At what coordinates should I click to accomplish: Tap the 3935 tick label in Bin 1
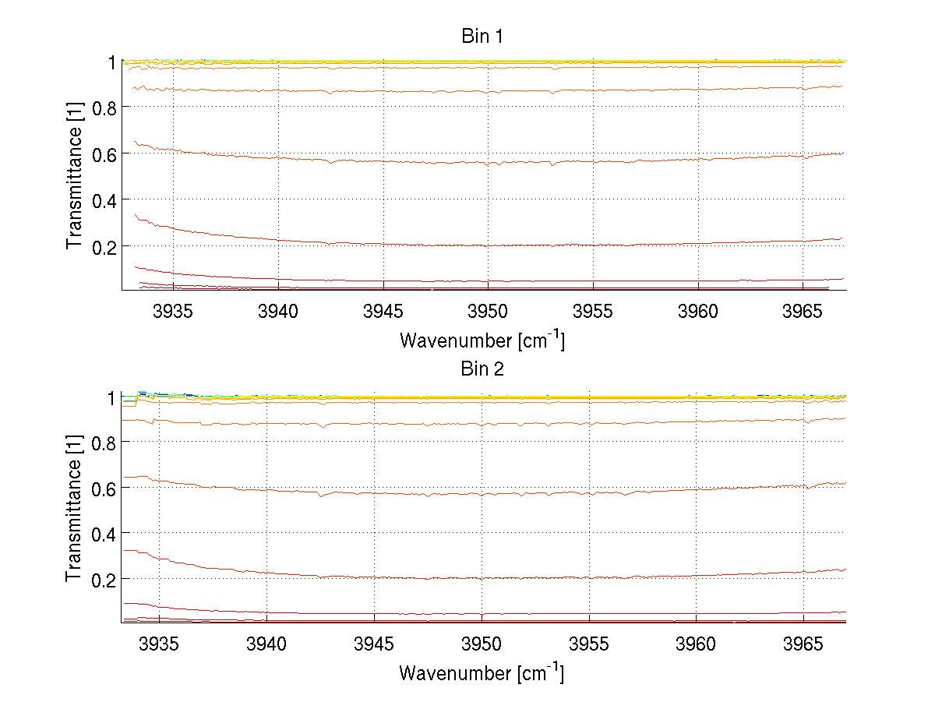click(x=173, y=312)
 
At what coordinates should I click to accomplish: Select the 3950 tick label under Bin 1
click(x=489, y=312)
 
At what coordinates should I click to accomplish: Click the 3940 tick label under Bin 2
click(x=266, y=644)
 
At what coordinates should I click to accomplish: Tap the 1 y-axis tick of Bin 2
click(x=112, y=397)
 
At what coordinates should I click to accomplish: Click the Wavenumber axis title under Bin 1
click(x=482, y=339)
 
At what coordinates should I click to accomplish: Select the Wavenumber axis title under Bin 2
click(x=482, y=672)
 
